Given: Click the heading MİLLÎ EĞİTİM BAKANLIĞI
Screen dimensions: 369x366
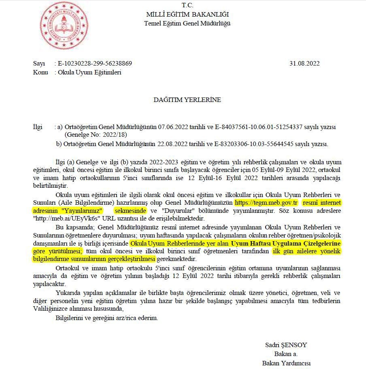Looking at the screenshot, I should tap(187, 15).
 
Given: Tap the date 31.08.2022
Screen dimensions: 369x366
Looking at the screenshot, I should tap(304, 64).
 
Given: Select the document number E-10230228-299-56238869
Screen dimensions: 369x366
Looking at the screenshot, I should tap(95, 64).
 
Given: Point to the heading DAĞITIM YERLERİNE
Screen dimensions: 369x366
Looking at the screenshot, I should tap(187, 100).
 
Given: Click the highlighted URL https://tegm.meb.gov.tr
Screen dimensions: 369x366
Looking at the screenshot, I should tap(266, 202).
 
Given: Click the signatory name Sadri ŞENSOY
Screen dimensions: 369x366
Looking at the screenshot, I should tap(286, 345).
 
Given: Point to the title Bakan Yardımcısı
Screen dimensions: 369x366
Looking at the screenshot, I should tap(286, 363).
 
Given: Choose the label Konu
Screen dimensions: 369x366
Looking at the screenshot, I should tap(40, 72).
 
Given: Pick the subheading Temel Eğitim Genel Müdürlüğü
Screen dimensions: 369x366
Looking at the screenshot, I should tap(187, 23).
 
